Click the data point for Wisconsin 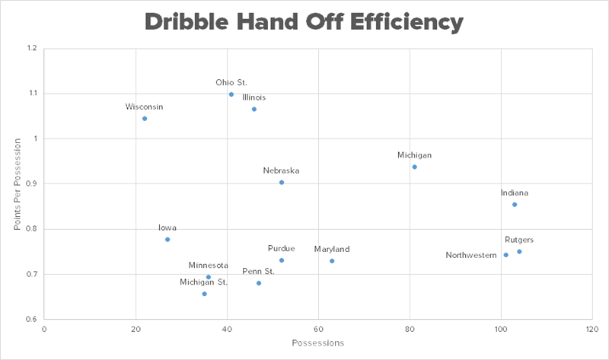point(145,119)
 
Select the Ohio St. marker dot point(231,94)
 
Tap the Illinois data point point(254,110)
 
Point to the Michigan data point point(414,167)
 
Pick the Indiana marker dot point(515,205)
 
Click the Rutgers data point point(519,252)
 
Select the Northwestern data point point(505,255)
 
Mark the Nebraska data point point(282,183)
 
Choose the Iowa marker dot point(167,240)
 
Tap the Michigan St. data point point(204,294)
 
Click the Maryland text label point(332,249)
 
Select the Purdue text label point(281,248)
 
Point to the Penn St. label point(259,271)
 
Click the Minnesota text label point(209,265)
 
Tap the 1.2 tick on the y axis point(31,49)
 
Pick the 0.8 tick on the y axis point(31,229)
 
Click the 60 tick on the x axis point(318,330)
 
